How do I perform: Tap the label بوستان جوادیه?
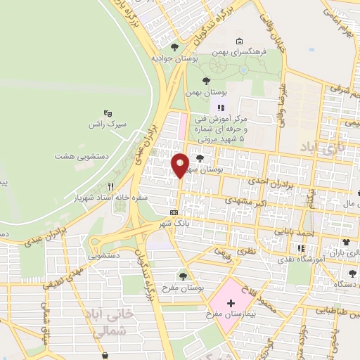(175, 60)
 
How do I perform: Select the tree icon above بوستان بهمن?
(205, 82)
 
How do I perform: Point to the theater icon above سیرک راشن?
(107, 112)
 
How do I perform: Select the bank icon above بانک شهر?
(174, 212)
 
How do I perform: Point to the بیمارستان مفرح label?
(232, 314)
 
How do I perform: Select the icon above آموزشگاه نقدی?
(301, 248)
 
